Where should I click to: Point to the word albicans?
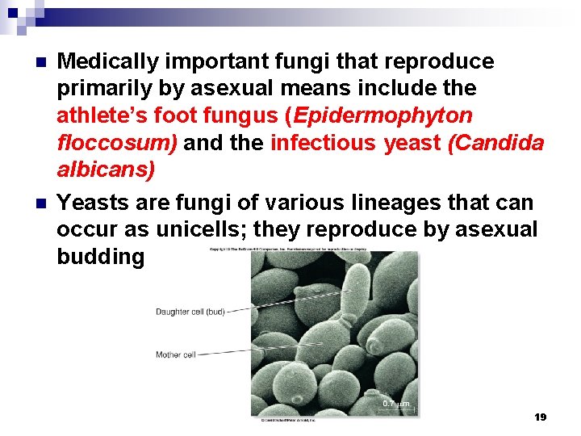(x=105, y=171)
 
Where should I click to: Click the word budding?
(x=100, y=257)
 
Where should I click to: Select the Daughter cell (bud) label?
(x=190, y=312)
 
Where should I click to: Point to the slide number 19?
(x=540, y=417)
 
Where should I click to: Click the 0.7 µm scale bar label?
(x=395, y=403)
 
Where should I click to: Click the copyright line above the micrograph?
(x=288, y=249)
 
